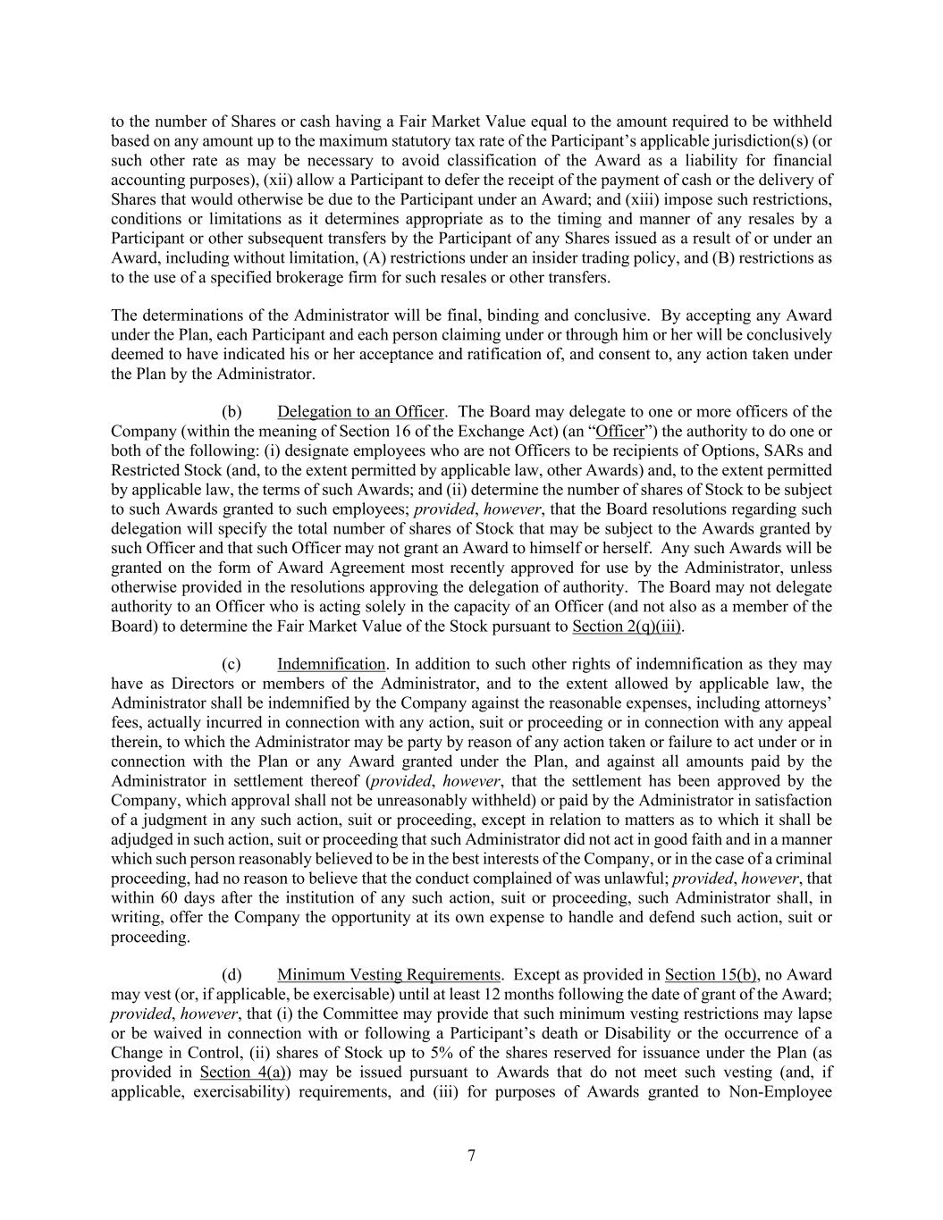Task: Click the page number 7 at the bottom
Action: point(471,1156)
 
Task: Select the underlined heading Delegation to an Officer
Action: point(360,412)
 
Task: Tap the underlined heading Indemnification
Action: point(331,664)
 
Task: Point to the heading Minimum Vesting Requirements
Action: point(389,975)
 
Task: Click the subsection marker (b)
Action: point(232,412)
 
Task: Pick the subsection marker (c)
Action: point(232,664)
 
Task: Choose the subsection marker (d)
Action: point(232,975)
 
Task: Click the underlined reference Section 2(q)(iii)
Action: point(627,626)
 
